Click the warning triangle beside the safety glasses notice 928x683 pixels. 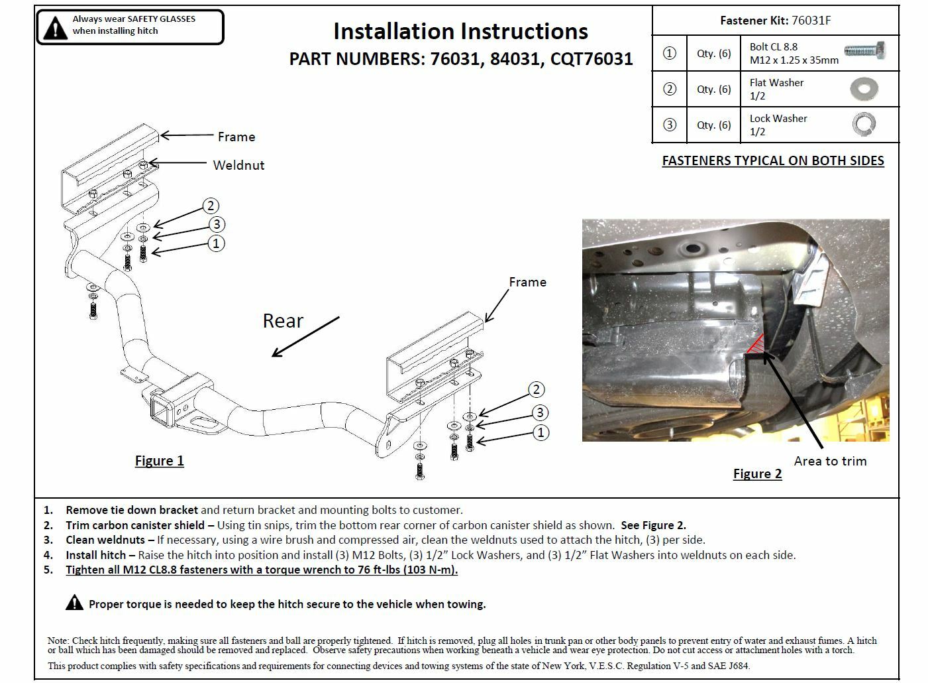55,27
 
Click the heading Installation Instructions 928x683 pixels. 460,31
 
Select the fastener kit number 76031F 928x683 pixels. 811,21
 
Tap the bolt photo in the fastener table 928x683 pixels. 865,51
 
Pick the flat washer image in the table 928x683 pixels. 864,89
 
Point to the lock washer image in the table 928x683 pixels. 864,124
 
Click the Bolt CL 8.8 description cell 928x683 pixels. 794,53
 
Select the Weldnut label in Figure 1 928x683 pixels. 238,165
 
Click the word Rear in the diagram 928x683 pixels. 283,321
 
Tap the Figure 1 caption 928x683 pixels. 159,461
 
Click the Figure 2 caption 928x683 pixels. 757,473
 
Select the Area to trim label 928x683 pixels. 830,461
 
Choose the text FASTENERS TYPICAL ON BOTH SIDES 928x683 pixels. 773,160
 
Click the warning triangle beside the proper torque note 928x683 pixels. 74,603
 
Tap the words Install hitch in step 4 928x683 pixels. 100,555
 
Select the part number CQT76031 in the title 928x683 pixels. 592,59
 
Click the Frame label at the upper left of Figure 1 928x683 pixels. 236,137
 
